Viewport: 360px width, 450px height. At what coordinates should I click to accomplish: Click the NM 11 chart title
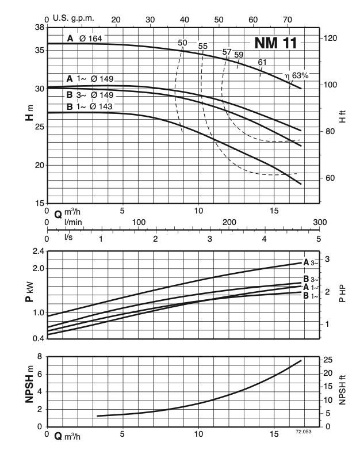click(274, 43)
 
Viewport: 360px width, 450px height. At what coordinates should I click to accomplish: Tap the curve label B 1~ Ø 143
click(89, 106)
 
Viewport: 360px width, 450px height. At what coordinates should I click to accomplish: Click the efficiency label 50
click(183, 43)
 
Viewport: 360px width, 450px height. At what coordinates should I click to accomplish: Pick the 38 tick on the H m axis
click(40, 28)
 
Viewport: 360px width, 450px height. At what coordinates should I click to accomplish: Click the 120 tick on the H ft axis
click(331, 39)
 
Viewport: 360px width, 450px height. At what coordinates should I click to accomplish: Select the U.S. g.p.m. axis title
click(72, 18)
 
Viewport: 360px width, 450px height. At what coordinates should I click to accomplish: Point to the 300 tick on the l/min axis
click(319, 222)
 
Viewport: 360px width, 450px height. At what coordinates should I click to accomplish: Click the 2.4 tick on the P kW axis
click(38, 251)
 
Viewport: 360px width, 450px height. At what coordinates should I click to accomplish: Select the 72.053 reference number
click(304, 431)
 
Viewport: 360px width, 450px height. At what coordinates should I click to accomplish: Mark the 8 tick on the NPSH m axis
click(40, 357)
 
